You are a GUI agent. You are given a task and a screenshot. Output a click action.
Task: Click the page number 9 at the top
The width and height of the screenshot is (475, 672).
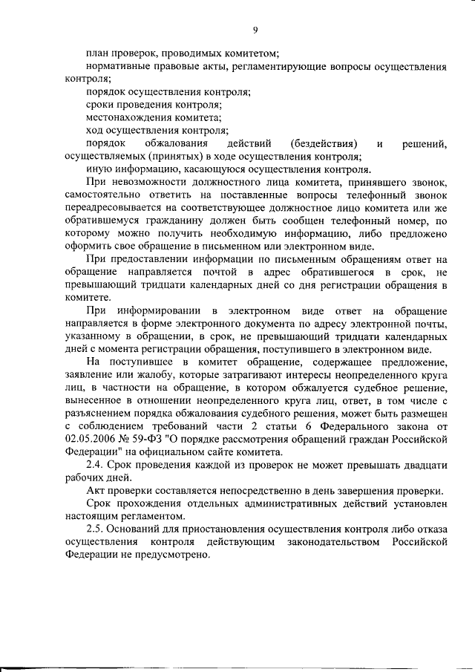coord(255,30)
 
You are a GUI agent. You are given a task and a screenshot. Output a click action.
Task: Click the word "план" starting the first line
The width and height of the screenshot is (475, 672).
coord(97,53)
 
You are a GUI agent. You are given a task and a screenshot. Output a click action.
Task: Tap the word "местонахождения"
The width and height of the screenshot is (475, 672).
coord(128,117)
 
